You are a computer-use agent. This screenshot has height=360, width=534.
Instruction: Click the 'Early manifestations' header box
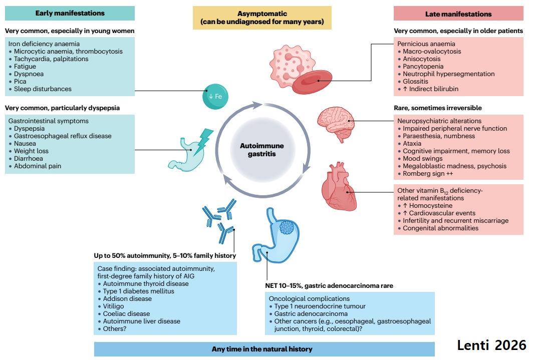[x=70, y=13]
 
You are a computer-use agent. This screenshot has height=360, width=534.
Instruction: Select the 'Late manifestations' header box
[x=458, y=14]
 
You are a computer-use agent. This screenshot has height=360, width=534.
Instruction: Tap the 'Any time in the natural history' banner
[x=264, y=349]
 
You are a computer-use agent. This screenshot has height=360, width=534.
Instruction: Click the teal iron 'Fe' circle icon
[x=215, y=97]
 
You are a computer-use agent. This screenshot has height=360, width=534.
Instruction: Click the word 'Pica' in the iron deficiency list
[x=21, y=81]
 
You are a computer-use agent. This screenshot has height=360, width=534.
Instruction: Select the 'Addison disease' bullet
[x=127, y=298]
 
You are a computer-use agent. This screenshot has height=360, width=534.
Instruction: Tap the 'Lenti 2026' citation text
[x=491, y=344]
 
